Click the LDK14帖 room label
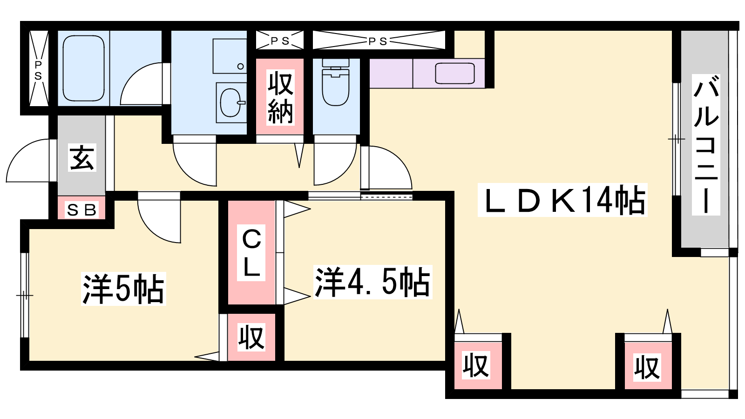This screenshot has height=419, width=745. (562, 200)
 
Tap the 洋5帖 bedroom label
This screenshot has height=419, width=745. (123, 289)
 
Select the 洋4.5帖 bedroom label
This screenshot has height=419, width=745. (373, 282)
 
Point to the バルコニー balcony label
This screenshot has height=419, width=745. (706, 145)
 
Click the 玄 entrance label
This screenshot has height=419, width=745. (82, 158)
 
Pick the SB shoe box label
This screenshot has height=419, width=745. (82, 210)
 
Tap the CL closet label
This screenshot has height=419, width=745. (251, 253)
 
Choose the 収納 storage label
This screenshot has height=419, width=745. (280, 97)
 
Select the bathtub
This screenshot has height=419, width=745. (83, 68)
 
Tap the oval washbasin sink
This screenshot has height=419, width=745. (230, 102)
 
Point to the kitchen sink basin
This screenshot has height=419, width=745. (455, 74)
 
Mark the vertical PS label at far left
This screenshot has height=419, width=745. (38, 70)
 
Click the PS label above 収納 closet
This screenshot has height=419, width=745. (280, 41)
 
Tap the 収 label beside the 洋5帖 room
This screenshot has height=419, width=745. (251, 337)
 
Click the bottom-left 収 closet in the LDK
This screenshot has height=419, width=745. (476, 365)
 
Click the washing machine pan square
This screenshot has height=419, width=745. (230, 56)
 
